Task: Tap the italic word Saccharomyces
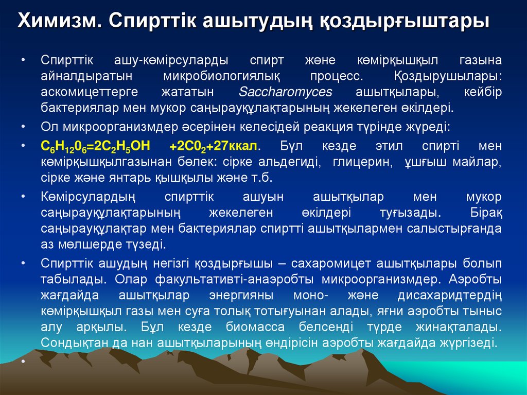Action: click(286, 92)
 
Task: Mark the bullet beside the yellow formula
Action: click(24, 146)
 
